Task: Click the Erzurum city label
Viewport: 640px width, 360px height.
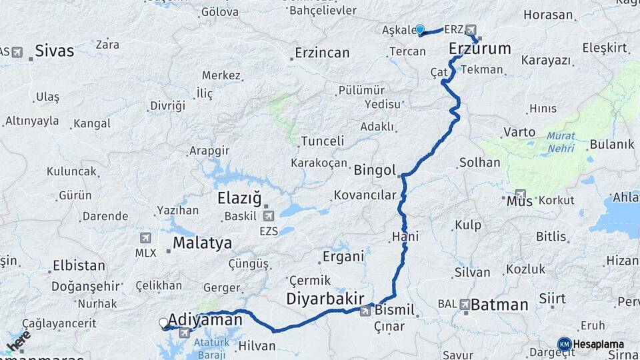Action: click(x=479, y=48)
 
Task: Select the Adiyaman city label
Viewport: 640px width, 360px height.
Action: click(x=205, y=319)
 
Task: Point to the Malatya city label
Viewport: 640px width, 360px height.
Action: click(x=202, y=243)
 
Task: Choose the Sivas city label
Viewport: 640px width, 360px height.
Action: click(x=55, y=51)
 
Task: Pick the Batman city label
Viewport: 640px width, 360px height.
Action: click(x=499, y=305)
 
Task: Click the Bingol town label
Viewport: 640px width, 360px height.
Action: click(x=375, y=169)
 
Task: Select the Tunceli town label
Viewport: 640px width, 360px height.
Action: click(x=323, y=141)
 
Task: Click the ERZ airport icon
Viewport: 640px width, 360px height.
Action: click(x=471, y=29)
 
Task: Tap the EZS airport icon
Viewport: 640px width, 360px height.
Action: click(x=269, y=215)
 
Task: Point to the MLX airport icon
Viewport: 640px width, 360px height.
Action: click(x=146, y=238)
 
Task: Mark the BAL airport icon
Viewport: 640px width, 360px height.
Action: click(x=464, y=305)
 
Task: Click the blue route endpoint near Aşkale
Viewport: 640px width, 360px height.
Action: click(x=420, y=29)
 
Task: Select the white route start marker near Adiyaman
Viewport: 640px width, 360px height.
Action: click(x=163, y=323)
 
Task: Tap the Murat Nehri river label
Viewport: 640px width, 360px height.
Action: click(x=561, y=141)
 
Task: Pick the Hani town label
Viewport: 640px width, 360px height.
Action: click(x=405, y=237)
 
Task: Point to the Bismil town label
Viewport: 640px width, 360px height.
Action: click(x=395, y=310)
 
